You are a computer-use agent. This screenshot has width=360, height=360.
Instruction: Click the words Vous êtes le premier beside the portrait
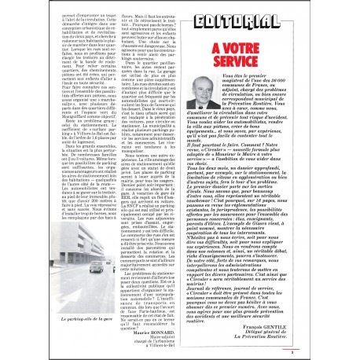260,80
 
